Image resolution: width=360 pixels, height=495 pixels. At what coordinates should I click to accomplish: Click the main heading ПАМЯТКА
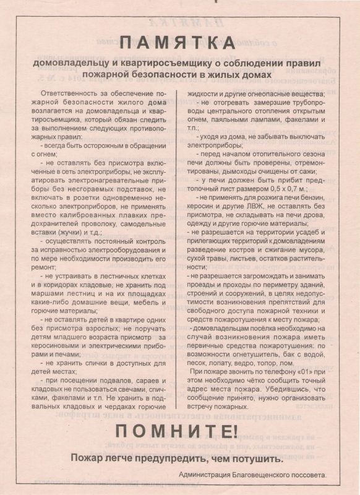tap(179, 43)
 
